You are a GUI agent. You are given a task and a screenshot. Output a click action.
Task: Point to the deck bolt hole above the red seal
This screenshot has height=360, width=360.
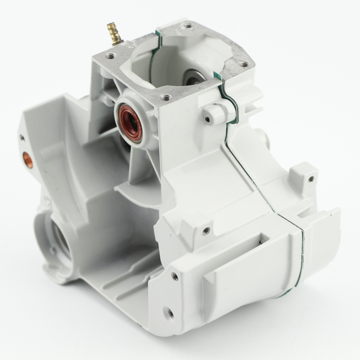[x=165, y=97]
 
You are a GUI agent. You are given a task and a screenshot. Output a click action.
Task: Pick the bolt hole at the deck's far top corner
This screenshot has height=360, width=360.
[x=187, y=26]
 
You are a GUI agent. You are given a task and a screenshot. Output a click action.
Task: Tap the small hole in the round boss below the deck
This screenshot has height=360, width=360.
[x=208, y=119]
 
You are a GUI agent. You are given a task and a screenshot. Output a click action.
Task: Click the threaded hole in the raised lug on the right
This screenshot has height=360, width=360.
[x=310, y=179]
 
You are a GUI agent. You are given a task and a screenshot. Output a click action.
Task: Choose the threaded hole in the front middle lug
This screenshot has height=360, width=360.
[x=206, y=230]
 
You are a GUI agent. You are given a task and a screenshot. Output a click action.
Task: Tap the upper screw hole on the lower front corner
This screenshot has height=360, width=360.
[x=175, y=276]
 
